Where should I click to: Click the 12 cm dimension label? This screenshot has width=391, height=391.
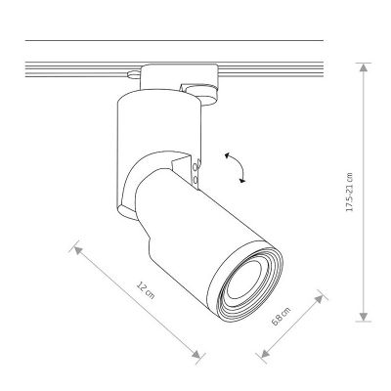pyautogui.click(x=146, y=290)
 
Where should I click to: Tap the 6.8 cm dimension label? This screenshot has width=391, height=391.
pyautogui.click(x=281, y=316)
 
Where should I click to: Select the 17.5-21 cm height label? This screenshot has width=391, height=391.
pyautogui.click(x=349, y=192)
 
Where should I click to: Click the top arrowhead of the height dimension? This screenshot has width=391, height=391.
pyautogui.click(x=364, y=67)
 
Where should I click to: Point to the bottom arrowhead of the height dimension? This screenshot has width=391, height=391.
pyautogui.click(x=364, y=317)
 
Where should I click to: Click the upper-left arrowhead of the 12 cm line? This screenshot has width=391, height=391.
pyautogui.click(x=78, y=250)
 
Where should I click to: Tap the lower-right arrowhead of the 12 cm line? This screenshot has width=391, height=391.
pyautogui.click(x=196, y=354)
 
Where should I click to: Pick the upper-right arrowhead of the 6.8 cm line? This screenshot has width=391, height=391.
pyautogui.click(x=319, y=299)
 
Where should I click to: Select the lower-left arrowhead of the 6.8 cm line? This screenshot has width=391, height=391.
pyautogui.click(x=266, y=353)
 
